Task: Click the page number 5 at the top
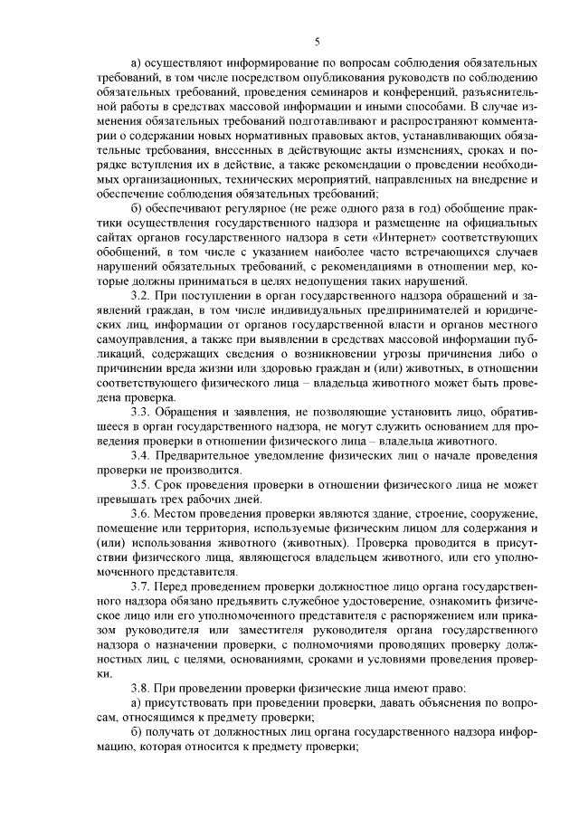pos(318,39)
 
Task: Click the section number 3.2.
pos(141,295)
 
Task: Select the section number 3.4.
pos(141,454)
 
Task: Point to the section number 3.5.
pos(141,484)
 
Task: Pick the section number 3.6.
pos(141,513)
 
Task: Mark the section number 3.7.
pos(141,586)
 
